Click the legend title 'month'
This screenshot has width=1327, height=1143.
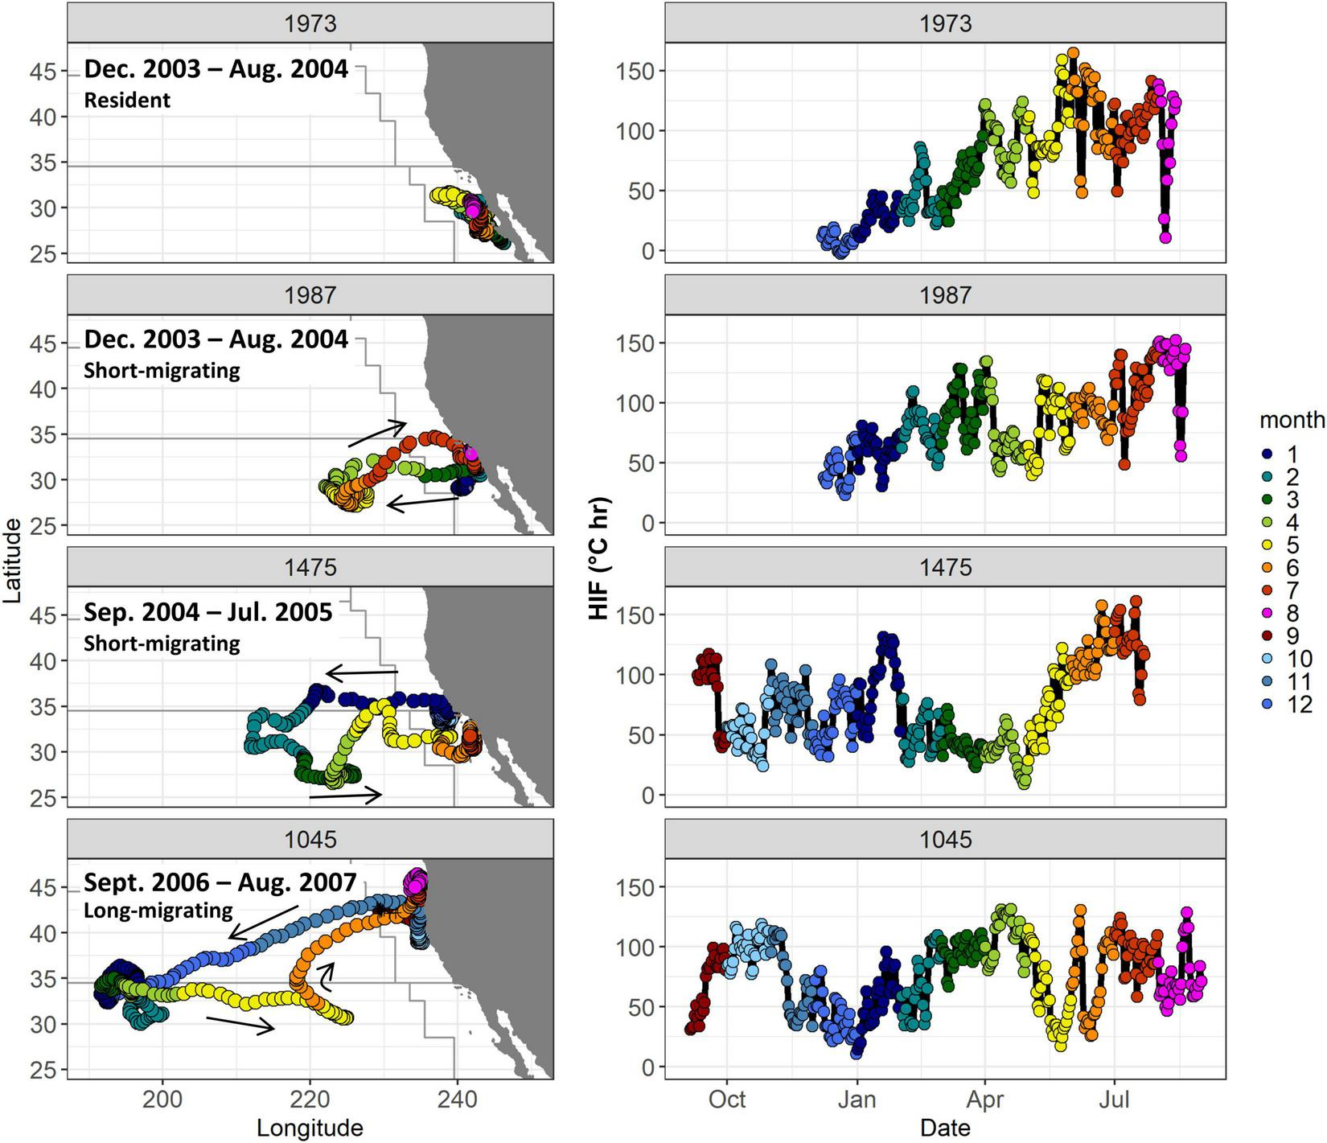point(1292,419)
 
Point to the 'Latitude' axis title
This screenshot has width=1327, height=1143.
point(13,560)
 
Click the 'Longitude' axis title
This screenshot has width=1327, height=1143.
point(310,1129)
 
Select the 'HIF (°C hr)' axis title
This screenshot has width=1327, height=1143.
point(599,560)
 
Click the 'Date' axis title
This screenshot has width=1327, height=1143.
point(945,1129)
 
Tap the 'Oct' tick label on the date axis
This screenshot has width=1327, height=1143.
point(727,1099)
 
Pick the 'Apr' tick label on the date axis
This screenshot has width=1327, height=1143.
point(985,1099)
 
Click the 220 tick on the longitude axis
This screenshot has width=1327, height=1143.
point(310,1099)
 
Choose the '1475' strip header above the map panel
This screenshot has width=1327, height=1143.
point(310,568)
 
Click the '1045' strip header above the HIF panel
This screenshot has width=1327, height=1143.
point(945,840)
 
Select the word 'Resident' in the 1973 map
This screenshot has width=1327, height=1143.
point(127,101)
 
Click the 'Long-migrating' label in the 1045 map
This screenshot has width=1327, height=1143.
point(158,911)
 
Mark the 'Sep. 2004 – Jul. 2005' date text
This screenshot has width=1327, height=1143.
point(207,613)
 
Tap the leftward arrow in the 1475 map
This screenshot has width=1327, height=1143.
point(362,672)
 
